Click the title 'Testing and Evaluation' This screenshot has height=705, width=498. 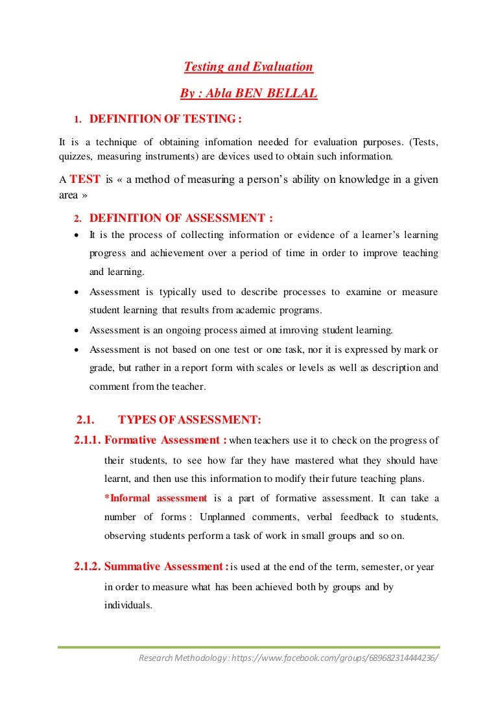[x=248, y=67]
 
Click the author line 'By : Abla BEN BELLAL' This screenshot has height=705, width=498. [x=248, y=94]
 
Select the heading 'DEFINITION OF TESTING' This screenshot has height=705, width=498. [x=165, y=119]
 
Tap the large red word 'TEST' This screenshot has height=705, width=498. [x=84, y=180]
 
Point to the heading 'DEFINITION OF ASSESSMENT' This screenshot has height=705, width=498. [x=181, y=219]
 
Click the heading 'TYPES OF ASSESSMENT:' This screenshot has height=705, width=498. [x=190, y=420]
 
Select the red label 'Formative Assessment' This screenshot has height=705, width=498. [x=165, y=440]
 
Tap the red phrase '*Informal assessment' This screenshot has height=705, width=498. [x=156, y=498]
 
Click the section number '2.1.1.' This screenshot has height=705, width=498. [x=88, y=441]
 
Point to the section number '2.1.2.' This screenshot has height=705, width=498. [x=88, y=567]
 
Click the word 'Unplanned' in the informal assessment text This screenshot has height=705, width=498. [x=222, y=517]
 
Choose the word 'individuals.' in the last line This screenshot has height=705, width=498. [x=128, y=605]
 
